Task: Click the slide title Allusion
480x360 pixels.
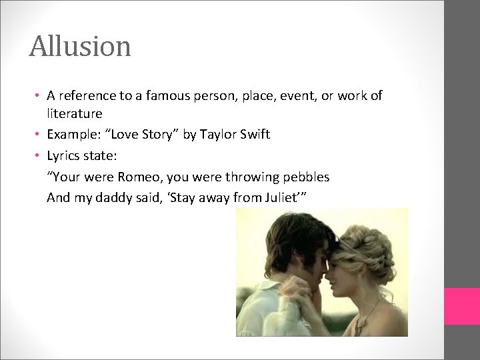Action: [x=80, y=47]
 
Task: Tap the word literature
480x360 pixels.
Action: [x=74, y=114]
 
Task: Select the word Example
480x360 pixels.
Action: [x=73, y=135]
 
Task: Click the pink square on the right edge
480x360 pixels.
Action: [x=462, y=306]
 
